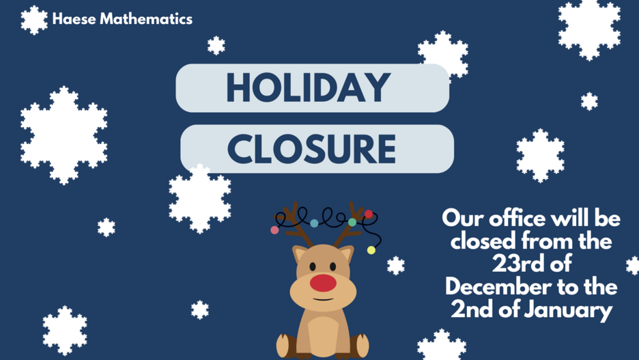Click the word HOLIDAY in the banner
(309, 87)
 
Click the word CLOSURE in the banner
(311, 149)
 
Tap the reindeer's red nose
(323, 283)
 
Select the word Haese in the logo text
(74, 18)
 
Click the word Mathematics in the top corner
(146, 18)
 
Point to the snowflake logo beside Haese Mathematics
(34, 20)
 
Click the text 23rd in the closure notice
(512, 264)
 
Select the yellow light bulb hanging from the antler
(371, 250)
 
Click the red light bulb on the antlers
(369, 214)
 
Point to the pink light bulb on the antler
(274, 230)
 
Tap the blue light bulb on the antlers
(314, 223)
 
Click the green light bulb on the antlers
(352, 223)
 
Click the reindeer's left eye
(313, 266)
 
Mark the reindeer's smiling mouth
(323, 300)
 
